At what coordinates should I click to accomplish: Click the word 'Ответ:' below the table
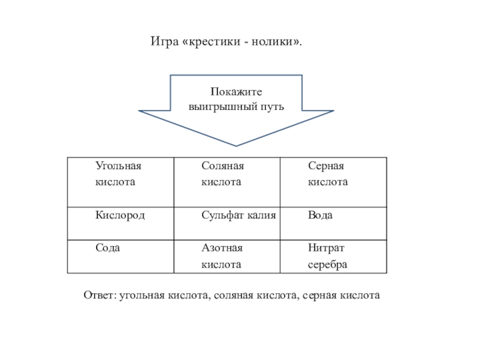(x=100, y=295)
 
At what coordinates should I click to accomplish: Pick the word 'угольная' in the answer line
(x=138, y=295)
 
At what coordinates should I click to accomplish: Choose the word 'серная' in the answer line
(x=319, y=295)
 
